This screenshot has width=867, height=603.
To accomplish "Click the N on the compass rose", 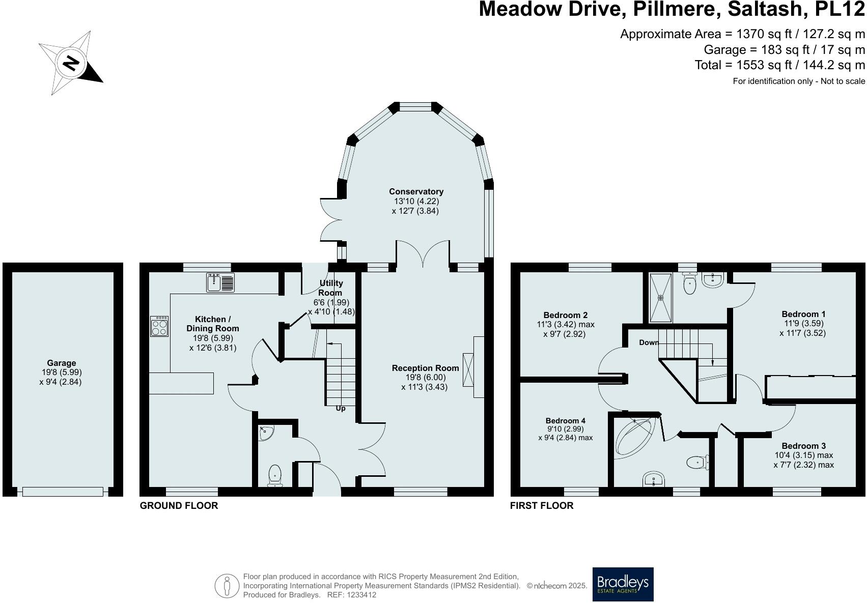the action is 70,64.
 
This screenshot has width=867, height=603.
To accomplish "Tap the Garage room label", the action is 62,363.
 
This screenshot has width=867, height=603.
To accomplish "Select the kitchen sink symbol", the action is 220,282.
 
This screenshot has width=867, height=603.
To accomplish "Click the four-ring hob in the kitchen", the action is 159,327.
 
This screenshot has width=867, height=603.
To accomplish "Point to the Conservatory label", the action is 416,191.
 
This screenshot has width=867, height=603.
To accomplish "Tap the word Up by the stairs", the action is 341,409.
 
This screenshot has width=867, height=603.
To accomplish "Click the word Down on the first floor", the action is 649,342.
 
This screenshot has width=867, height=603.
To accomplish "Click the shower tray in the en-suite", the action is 661,298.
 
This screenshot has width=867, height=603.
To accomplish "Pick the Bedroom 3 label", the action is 803,446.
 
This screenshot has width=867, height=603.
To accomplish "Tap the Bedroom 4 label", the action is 566,420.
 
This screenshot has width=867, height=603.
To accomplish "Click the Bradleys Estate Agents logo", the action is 623,584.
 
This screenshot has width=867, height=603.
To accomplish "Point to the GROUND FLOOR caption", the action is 179,505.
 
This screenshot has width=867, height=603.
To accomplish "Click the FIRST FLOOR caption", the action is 542,505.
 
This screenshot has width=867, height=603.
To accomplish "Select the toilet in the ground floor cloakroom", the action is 275,475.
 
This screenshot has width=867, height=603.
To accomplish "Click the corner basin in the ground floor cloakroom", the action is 266,433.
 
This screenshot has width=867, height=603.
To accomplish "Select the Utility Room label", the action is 331,288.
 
